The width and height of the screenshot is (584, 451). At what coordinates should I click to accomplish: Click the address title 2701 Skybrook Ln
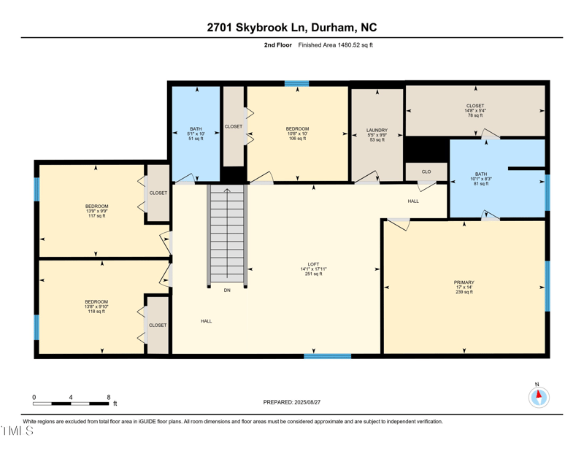[x=292, y=28]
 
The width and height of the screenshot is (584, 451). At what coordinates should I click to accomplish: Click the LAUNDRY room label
[x=377, y=134]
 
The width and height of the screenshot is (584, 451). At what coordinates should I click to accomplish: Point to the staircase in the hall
[x=227, y=234]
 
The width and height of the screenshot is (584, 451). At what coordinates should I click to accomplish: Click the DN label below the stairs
[x=227, y=290]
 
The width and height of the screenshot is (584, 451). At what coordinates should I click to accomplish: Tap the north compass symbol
[x=539, y=396]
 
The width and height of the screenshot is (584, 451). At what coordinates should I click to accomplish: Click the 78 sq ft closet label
[x=474, y=110]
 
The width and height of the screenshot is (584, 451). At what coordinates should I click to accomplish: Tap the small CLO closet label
[x=426, y=172]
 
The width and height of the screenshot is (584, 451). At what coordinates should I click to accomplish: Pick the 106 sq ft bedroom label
[x=297, y=134]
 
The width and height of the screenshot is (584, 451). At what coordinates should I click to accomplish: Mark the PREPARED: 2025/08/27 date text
[x=292, y=402]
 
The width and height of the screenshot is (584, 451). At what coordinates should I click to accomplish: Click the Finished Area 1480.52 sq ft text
[x=335, y=45]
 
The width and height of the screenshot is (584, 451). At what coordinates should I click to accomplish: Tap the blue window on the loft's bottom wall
[x=327, y=356]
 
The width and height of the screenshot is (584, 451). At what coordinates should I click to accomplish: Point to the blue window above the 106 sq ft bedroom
[x=296, y=84]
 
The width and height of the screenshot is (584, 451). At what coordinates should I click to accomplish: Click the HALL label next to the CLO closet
[x=413, y=201]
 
